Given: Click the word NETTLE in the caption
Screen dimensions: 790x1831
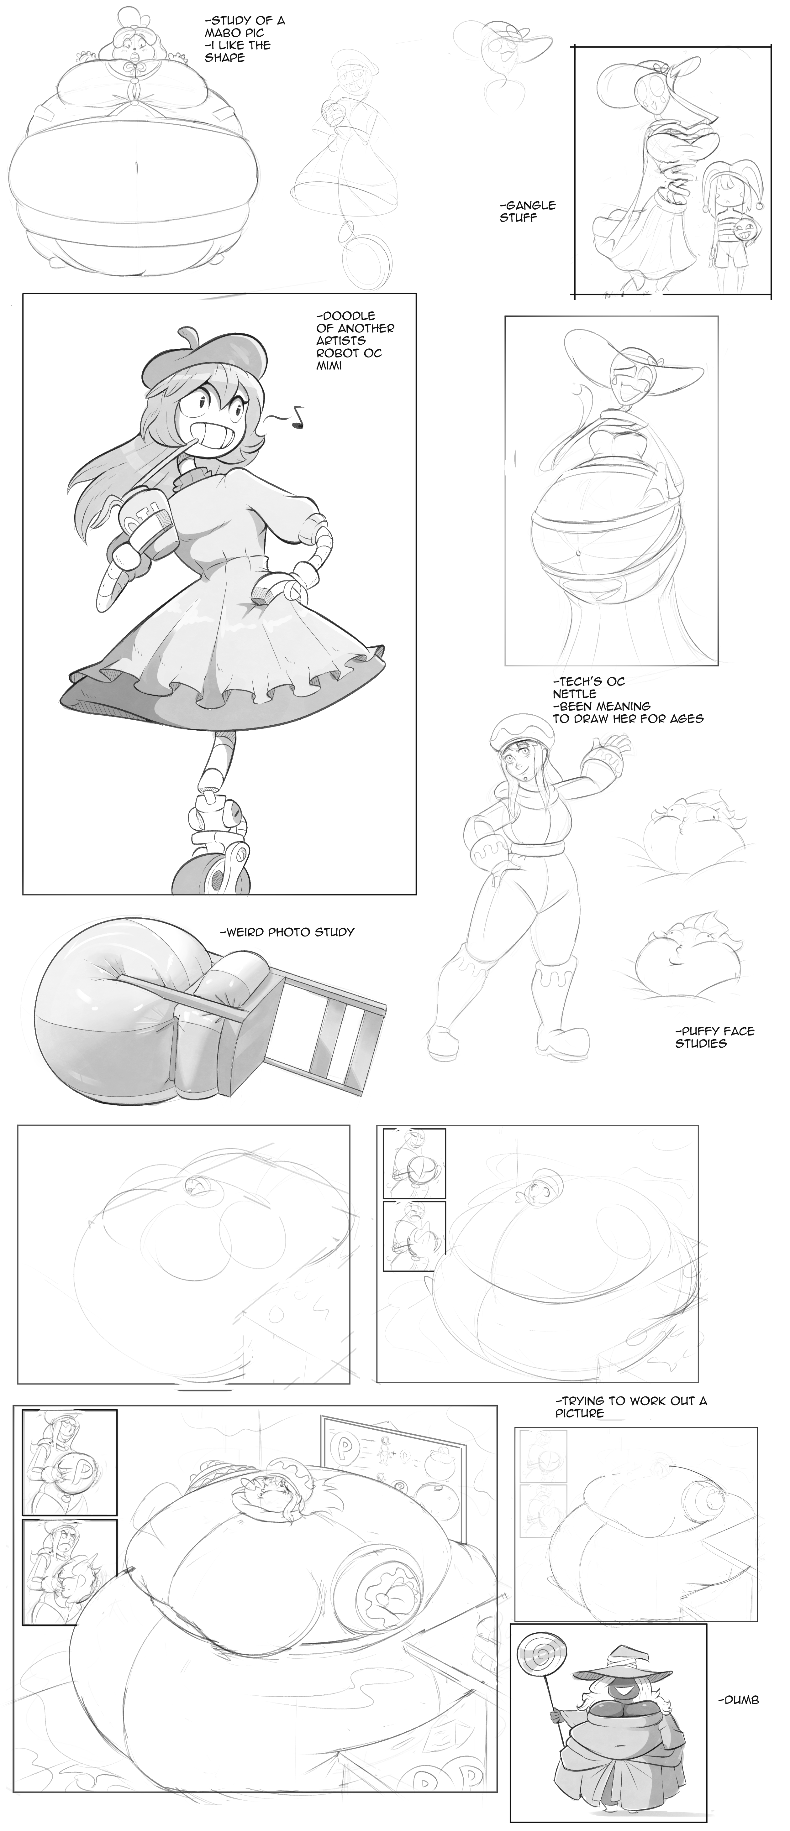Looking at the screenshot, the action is pos(575,694).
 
